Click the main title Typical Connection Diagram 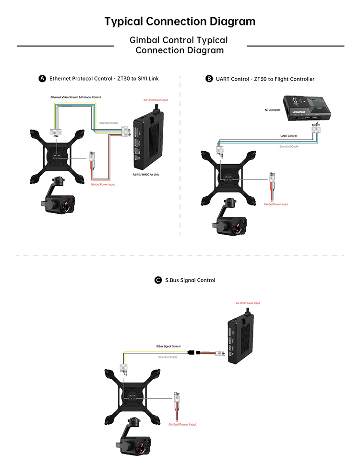[180, 22]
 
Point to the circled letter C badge [158, 280]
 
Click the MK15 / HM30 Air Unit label [146, 175]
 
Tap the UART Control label [288, 136]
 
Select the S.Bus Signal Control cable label [168, 346]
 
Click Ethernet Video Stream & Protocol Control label [76, 97]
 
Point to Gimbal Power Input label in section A [103, 184]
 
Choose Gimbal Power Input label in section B [276, 204]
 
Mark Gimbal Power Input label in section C [182, 424]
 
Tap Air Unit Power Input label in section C [248, 303]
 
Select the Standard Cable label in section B [288, 146]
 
